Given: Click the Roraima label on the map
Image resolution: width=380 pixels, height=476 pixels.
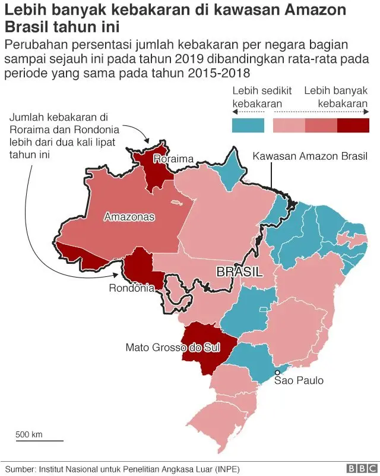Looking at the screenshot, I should [173, 159].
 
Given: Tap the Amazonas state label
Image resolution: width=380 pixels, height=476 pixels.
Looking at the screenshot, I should [129, 217].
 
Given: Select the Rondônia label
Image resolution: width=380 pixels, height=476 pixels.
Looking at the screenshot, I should [132, 288].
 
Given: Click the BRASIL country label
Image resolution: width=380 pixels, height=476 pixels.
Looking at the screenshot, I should [239, 272].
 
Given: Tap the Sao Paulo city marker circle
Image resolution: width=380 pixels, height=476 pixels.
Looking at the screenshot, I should [277, 372].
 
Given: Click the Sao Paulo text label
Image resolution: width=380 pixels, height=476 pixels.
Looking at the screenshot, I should [299, 380].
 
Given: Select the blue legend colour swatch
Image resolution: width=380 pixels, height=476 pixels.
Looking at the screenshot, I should [248, 125].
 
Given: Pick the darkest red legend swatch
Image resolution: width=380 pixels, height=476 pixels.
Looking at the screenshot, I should [353, 125].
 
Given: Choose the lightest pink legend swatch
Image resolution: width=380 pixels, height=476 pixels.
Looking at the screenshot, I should [289, 125].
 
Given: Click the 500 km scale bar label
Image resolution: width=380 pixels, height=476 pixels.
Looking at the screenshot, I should [28, 434].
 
